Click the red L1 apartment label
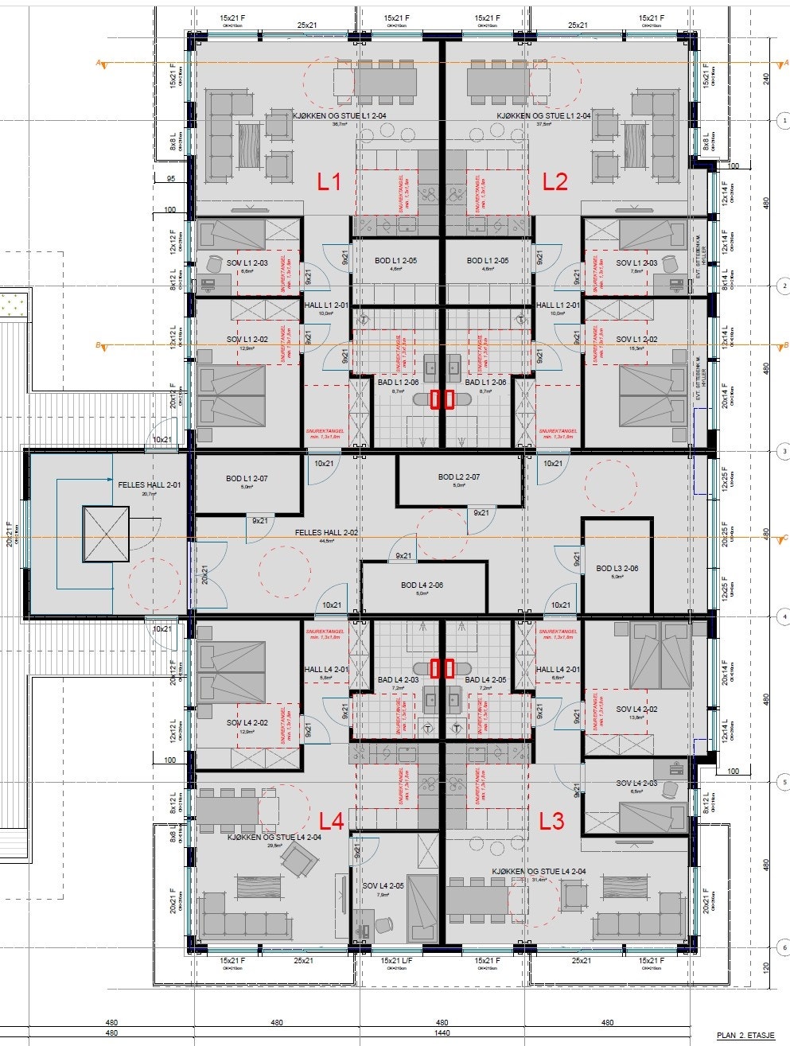329,182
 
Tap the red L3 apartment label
552,820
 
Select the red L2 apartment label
555,182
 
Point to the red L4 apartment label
331,820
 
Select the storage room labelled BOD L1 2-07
247,479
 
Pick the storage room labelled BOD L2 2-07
459,477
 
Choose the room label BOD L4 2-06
422,585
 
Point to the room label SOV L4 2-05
383,886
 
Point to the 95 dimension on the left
169,179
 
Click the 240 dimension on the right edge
766,79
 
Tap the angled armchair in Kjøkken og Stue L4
300,859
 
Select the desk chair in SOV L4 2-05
383,925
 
